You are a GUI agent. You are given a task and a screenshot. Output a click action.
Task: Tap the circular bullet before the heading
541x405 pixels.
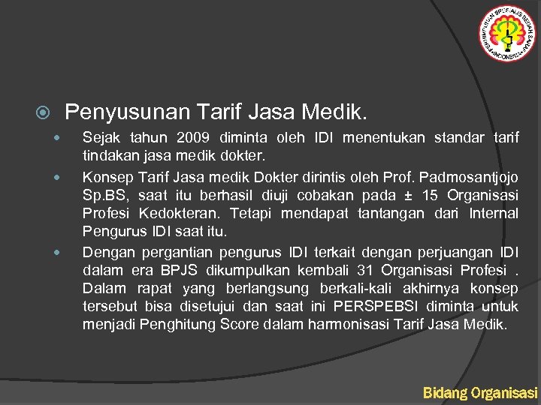pyautogui.click(x=44, y=114)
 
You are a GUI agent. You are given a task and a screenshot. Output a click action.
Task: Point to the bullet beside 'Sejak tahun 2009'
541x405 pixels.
pyautogui.click(x=56, y=138)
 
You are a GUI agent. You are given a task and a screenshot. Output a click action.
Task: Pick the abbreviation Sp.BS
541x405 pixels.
pyautogui.click(x=101, y=195)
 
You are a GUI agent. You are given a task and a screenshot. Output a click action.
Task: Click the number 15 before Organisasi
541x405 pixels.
pyautogui.click(x=431, y=195)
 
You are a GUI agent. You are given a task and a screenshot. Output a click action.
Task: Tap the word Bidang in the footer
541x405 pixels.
pyautogui.click(x=444, y=392)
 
